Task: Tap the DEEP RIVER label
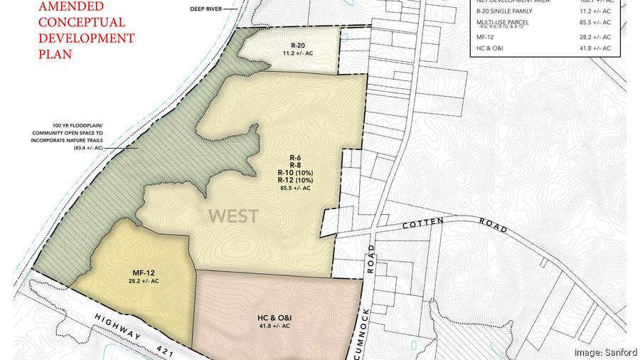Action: [x=207, y=9]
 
